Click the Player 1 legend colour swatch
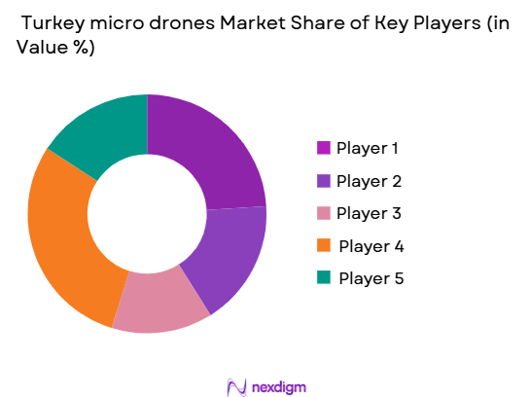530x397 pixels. point(323,148)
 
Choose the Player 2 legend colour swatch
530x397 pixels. point(323,181)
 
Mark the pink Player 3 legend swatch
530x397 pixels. point(323,213)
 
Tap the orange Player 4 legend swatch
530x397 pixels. point(323,246)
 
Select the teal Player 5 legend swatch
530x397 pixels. point(323,278)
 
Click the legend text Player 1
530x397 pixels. point(368,148)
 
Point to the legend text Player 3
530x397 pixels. point(369,213)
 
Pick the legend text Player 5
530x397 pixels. point(371,278)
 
